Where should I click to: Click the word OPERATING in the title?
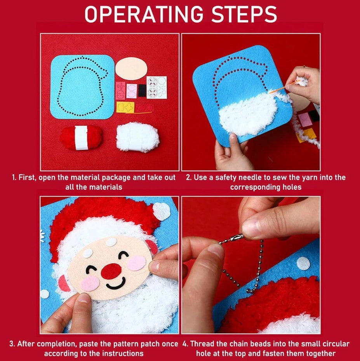(144, 14)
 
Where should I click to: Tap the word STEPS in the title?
(244, 14)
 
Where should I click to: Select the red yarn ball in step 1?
(81, 137)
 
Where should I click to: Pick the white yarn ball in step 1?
(137, 137)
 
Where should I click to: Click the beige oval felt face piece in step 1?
(131, 68)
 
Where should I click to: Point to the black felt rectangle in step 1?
(142, 90)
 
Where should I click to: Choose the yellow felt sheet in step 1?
(125, 107)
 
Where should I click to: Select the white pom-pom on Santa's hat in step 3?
(162, 211)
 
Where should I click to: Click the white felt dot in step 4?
(303, 263)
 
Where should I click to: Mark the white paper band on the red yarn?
(81, 138)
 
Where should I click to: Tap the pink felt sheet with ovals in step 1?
(132, 91)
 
